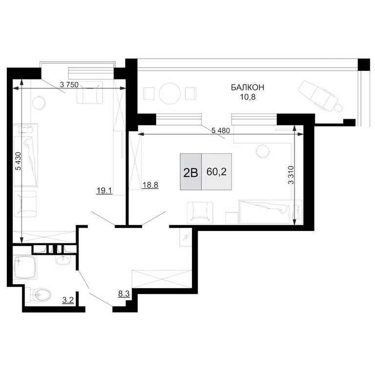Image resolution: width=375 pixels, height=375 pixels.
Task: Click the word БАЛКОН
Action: (248, 87)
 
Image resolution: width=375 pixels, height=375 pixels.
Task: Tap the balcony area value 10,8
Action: (248, 97)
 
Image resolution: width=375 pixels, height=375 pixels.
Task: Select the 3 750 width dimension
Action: (69, 84)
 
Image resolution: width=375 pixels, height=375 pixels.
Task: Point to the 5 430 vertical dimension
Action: (18, 161)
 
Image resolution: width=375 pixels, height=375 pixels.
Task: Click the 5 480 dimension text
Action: (221, 130)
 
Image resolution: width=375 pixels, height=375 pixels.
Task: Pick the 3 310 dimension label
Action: (291, 175)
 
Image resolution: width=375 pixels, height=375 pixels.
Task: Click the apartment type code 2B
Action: (190, 173)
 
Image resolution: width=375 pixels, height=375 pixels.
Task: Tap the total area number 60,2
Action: (216, 172)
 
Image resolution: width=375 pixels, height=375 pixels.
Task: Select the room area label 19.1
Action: (104, 190)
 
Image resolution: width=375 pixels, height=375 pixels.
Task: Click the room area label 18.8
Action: (150, 185)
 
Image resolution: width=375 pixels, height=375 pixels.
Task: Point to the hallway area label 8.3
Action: (124, 293)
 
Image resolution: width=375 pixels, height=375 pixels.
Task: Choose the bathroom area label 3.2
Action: (68, 300)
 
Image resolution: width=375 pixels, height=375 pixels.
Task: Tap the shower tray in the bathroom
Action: (25, 267)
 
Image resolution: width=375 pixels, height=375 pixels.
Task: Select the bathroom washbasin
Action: (63, 259)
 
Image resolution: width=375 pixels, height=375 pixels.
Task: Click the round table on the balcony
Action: (170, 94)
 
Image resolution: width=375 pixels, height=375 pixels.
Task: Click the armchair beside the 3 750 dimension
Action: (90, 93)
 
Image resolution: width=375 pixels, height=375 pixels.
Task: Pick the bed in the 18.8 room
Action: (271, 211)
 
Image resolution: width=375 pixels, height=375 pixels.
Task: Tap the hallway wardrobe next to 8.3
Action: (162, 279)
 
